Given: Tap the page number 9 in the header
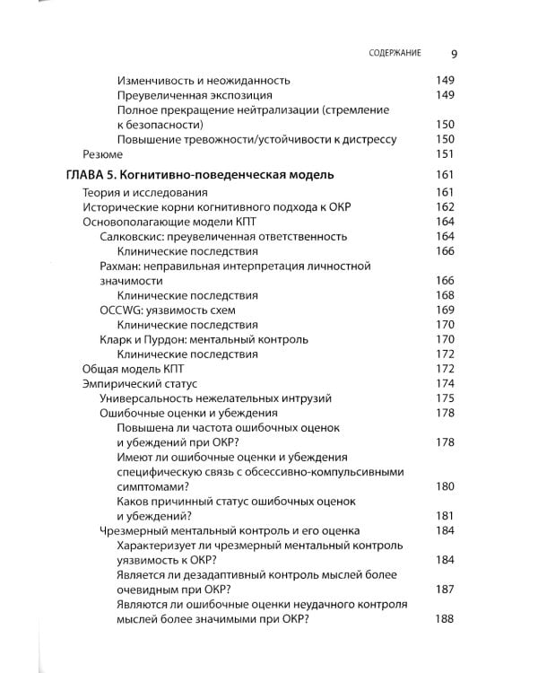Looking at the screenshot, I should coord(454,52).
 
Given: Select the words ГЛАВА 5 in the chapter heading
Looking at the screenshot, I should coord(94,174).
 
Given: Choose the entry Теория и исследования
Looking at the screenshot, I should coord(144,193).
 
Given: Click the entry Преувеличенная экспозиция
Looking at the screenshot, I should coord(195,95).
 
